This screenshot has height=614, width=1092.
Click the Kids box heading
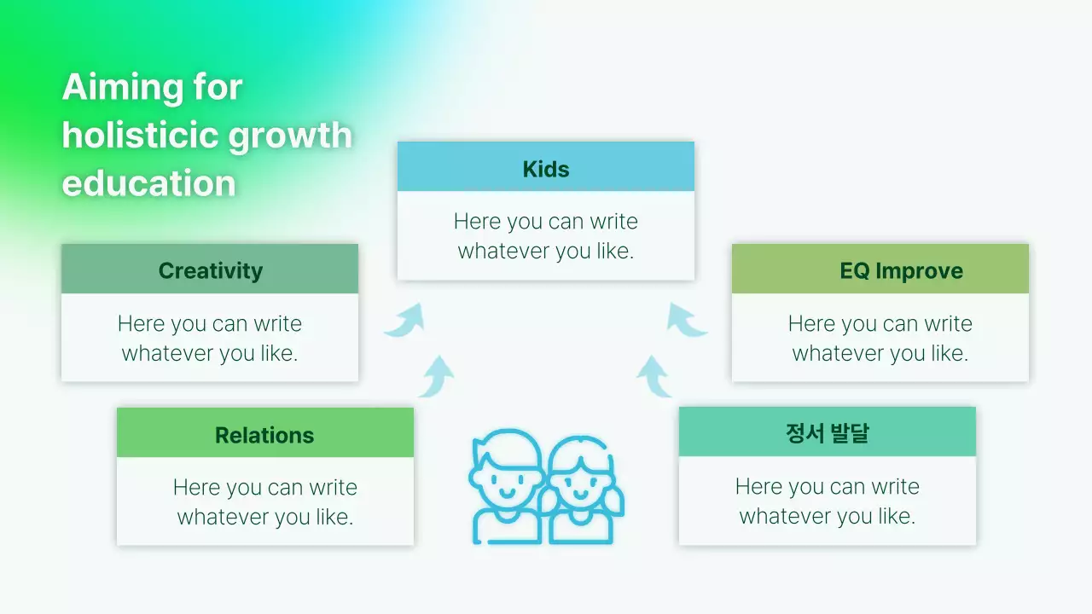[x=546, y=169]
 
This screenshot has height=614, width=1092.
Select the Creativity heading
[x=210, y=270]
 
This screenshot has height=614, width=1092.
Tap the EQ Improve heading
[x=901, y=270]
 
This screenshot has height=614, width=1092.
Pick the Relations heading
[x=264, y=435]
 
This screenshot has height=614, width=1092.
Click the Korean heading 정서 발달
[x=827, y=433]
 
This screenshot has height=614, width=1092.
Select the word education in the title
[x=148, y=183]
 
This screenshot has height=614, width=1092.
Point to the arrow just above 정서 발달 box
[x=654, y=376]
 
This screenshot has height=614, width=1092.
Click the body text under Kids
[x=546, y=236]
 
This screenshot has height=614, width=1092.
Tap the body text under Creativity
[x=210, y=339]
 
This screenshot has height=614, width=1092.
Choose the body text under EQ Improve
[x=880, y=339]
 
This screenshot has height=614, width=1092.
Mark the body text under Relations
[x=265, y=502]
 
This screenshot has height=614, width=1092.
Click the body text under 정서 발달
[x=828, y=501]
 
